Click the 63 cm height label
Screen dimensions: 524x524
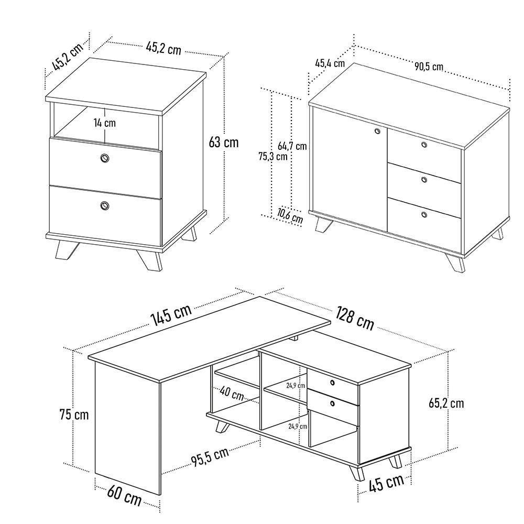223,142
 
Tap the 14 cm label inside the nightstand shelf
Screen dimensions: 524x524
104,123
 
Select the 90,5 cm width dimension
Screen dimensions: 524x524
429,67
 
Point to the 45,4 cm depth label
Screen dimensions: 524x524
329,63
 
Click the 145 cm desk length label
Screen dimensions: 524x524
171,316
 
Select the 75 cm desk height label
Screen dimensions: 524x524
74,415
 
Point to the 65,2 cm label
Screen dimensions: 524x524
446,403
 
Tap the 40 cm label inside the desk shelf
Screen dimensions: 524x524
231,393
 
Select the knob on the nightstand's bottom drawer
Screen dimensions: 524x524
104,205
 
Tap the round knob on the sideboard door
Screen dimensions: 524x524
377,131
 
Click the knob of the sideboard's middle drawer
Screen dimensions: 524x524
424,180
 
